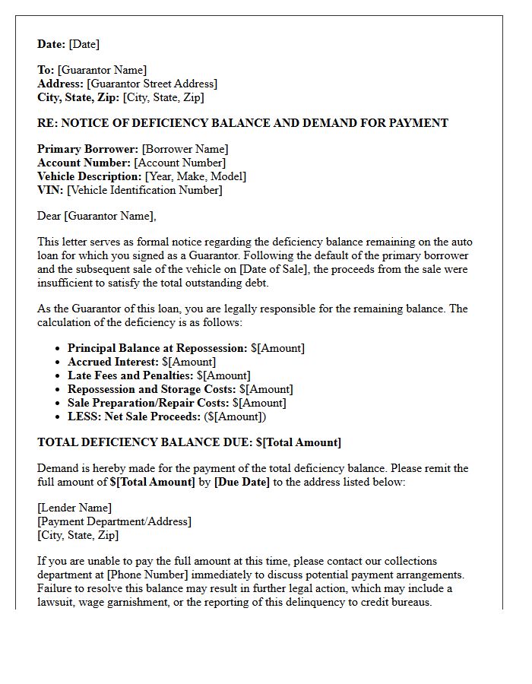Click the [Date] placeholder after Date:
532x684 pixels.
(x=84, y=44)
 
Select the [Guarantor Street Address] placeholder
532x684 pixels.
(x=152, y=84)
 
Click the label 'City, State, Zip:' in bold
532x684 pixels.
(x=78, y=97)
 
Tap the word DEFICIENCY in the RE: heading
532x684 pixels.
(x=160, y=123)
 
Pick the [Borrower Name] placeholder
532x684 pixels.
(x=185, y=149)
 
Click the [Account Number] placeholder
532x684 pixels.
(x=180, y=163)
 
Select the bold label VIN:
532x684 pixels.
(x=50, y=190)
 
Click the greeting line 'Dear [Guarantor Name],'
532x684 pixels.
(x=97, y=216)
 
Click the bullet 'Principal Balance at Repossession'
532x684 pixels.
(x=157, y=348)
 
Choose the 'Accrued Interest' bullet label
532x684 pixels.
(x=112, y=362)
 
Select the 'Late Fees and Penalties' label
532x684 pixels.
(x=130, y=375)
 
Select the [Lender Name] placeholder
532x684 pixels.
(x=74, y=508)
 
